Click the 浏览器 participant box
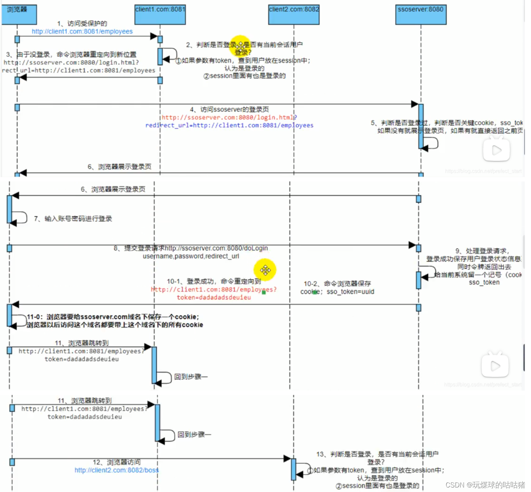point(19,15)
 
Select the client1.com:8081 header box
point(160,15)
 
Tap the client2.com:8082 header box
point(294,15)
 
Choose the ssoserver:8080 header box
point(421,15)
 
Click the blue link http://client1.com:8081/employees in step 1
point(82,32)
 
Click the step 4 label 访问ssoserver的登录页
point(229,109)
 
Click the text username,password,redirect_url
point(191,256)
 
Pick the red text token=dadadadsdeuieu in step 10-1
point(214,297)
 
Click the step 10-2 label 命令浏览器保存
point(337,284)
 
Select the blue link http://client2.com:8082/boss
point(117,470)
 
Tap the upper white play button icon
point(496,150)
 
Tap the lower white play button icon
point(495,366)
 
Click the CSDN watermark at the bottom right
point(485,485)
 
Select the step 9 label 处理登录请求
point(482,251)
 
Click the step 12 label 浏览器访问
point(117,462)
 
